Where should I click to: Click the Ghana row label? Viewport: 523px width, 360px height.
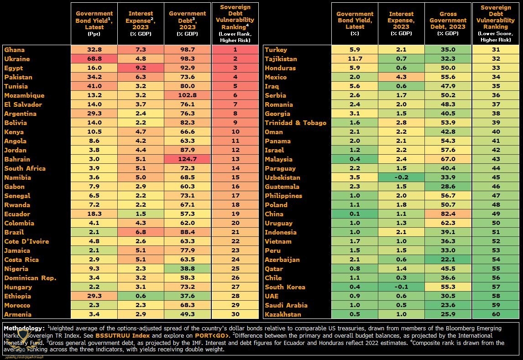pos(15,50)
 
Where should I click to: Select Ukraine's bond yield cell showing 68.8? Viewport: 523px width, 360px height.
pos(94,59)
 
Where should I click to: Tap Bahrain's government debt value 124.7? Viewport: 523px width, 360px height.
pos(188,159)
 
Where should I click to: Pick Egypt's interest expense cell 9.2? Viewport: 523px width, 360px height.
pos(141,68)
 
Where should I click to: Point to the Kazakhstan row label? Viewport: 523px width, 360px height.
pos(283,314)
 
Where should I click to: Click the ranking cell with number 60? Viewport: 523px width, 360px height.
pos(496,314)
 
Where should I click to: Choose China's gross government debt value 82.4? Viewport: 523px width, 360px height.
pos(448,214)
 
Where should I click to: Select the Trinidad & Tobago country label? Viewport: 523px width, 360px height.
pos(296,123)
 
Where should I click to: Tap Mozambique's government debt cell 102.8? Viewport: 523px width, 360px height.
pos(188,95)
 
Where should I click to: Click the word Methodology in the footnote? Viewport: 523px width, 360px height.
pos(24,328)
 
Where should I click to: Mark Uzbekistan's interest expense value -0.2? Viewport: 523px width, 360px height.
pos(401,177)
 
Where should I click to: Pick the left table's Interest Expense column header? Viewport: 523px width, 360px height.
pos(141,20)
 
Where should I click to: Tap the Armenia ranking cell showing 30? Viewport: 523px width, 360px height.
pos(235,314)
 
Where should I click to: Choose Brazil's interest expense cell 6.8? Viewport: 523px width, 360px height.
pos(141,232)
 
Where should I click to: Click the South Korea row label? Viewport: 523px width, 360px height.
pos(285,287)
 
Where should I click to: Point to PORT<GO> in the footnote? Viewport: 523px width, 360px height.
pos(212,335)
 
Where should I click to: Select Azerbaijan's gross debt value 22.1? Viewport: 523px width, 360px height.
pos(448,260)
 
